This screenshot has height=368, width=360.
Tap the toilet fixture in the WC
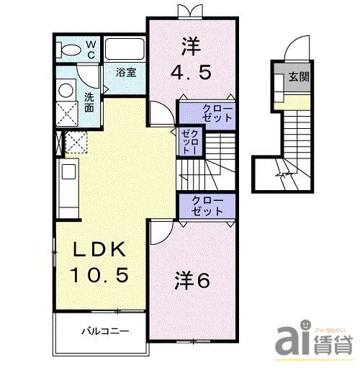(70, 49)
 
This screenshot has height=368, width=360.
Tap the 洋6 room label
(192, 281)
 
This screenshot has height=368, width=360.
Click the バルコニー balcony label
(104, 332)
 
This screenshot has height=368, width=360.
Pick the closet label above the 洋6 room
(207, 206)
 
